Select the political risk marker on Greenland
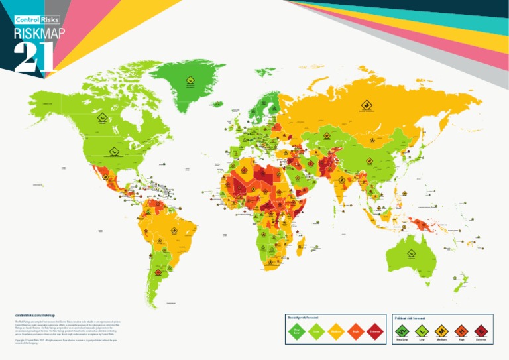tap(190, 83)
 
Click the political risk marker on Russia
tap(365, 104)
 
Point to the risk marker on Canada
tap(101, 118)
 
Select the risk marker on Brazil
tap(174, 231)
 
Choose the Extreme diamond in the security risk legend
tap(374, 331)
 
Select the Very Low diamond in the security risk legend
tap(297, 331)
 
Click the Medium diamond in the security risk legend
tap(335, 331)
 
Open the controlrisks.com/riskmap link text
tap(34, 315)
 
